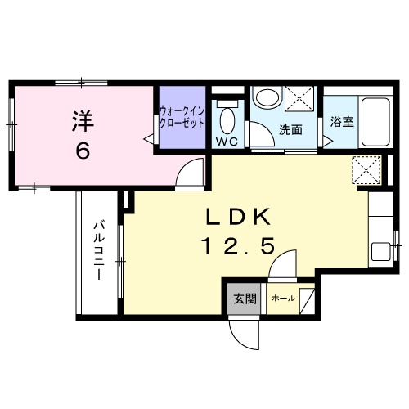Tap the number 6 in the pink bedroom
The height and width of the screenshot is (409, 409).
tap(83, 152)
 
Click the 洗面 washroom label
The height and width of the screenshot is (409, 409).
tap(290, 129)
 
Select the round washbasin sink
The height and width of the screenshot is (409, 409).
tap(266, 97)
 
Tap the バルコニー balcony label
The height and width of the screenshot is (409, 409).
tap(97, 249)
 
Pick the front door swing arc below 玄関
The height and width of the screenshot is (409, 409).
tap(242, 332)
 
